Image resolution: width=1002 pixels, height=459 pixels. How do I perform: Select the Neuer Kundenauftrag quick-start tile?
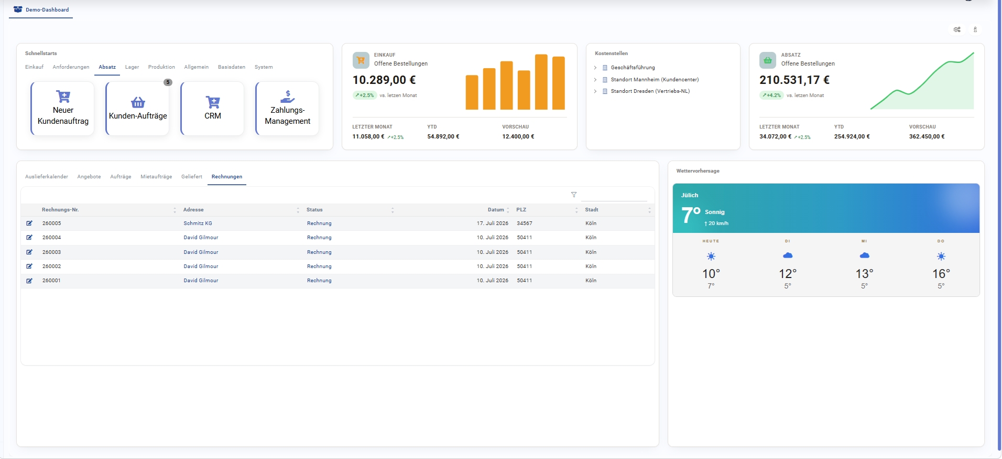point(63,109)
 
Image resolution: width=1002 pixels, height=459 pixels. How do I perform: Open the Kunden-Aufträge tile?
point(138,109)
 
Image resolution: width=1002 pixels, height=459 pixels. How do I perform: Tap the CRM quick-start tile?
point(213,109)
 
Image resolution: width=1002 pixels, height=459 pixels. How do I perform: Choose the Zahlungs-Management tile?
point(288,109)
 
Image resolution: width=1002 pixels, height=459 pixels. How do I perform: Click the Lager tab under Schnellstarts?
point(132,67)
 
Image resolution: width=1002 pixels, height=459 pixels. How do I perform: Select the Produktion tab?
point(161,67)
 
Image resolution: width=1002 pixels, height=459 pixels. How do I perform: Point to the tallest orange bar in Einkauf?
point(541,82)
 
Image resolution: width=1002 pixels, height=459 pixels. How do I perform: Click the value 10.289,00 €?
point(384,80)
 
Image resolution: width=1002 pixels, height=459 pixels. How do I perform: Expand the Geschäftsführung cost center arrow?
point(595,68)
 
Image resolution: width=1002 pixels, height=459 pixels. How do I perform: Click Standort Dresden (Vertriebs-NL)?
point(650,91)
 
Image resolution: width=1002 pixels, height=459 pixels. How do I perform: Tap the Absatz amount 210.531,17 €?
point(794,80)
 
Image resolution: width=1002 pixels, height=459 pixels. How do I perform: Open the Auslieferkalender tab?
point(47,177)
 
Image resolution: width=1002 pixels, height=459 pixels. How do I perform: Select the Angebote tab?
point(89,177)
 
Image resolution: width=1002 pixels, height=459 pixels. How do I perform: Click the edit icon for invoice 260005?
point(29,223)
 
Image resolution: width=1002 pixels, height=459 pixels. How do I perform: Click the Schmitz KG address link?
point(198,223)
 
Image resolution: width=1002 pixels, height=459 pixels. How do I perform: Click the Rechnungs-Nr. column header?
point(60,210)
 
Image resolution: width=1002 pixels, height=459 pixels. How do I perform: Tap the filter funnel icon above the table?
point(574,195)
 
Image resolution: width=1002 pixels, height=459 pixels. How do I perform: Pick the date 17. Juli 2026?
point(493,223)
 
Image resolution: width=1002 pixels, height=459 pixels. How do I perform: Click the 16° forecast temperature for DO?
point(941,274)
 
